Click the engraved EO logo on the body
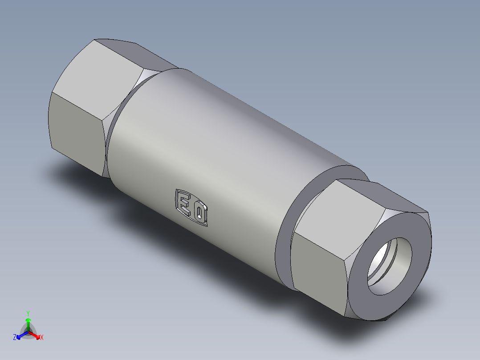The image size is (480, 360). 191,207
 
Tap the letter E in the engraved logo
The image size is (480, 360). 183,202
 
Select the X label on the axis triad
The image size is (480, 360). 42,338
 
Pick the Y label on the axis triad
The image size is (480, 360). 28,313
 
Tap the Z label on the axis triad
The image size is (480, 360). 15,337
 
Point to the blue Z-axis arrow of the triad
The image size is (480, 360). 20,335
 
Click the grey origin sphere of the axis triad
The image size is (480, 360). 28,332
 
